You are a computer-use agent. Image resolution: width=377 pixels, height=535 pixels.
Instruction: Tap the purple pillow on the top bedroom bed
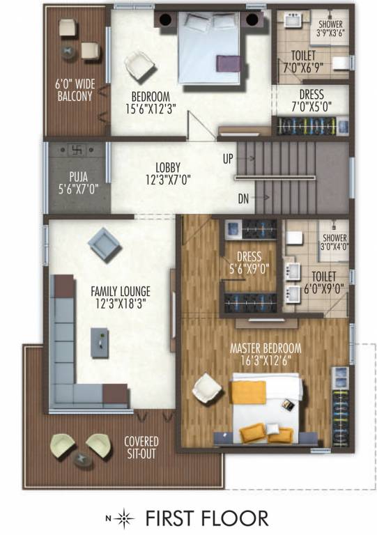click(228, 63)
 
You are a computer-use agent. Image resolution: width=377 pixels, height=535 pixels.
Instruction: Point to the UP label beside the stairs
click(227, 159)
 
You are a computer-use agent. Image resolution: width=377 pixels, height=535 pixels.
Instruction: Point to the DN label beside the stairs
click(243, 199)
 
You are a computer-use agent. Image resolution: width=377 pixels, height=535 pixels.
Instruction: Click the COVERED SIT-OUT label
click(141, 447)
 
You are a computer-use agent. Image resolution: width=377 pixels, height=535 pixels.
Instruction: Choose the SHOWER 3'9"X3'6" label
click(330, 27)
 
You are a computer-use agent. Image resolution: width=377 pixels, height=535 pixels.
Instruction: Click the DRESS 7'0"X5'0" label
click(311, 99)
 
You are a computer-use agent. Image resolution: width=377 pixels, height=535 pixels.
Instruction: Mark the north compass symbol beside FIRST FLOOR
click(124, 518)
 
